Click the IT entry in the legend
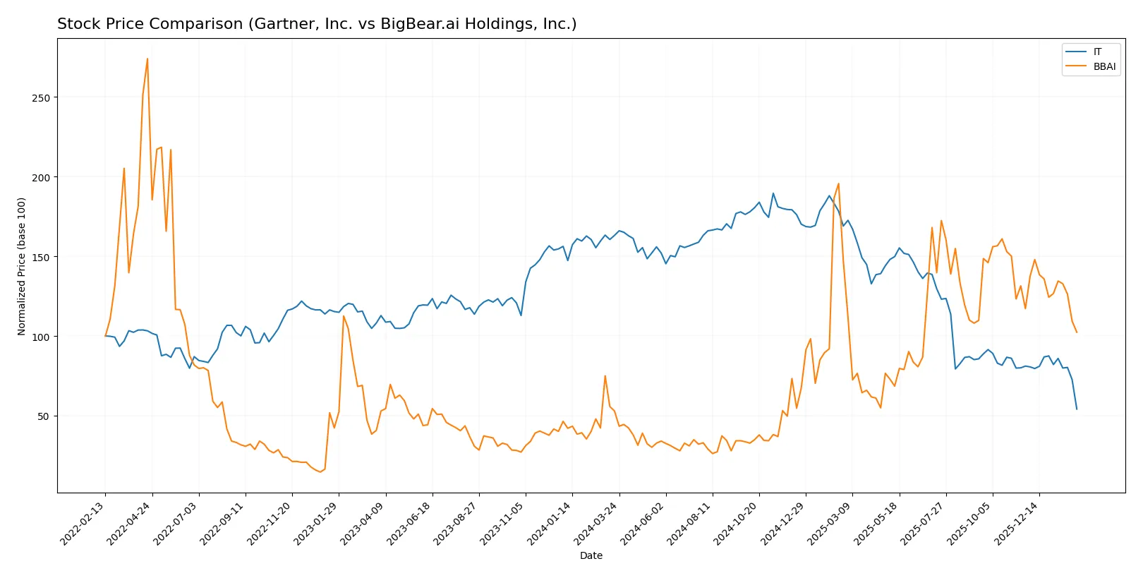tap(1097, 52)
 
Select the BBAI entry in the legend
tap(1104, 67)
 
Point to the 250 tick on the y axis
tap(41, 98)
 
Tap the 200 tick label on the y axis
tap(41, 178)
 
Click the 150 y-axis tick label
tap(41, 258)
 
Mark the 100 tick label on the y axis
tap(41, 337)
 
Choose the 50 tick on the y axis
tap(44, 416)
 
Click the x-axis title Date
tap(591, 556)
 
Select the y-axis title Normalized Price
tap(22, 266)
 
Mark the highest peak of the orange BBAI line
tap(147, 59)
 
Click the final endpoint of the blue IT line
tap(1077, 409)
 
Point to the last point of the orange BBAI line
tap(1077, 332)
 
